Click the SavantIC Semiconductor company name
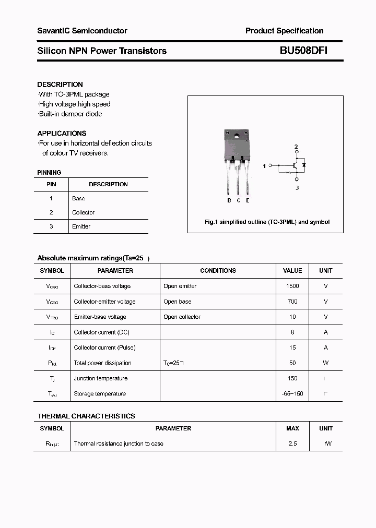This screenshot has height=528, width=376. [x=82, y=31]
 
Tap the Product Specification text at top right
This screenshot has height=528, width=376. [x=284, y=31]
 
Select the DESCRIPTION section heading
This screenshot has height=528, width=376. [x=60, y=85]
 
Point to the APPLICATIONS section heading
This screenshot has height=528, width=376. [x=62, y=133]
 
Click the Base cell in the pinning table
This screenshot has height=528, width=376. [x=78, y=198]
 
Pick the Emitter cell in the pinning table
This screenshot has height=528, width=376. [x=81, y=226]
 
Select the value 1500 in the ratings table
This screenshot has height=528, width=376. [x=292, y=286]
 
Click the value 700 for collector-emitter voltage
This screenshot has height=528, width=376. [x=292, y=302]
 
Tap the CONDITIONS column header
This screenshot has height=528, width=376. [x=218, y=271]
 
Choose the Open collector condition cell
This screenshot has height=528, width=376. [x=182, y=317]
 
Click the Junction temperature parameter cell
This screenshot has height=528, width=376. [x=100, y=378]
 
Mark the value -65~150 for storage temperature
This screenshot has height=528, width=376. [x=292, y=394]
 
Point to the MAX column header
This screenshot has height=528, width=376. [x=292, y=428]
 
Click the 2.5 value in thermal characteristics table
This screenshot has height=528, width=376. [x=292, y=443]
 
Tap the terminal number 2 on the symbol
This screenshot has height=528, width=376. [x=296, y=147]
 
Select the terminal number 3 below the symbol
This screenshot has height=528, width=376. [x=297, y=187]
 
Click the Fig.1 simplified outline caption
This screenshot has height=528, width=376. [x=266, y=222]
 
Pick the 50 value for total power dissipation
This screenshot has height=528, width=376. [x=292, y=363]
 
